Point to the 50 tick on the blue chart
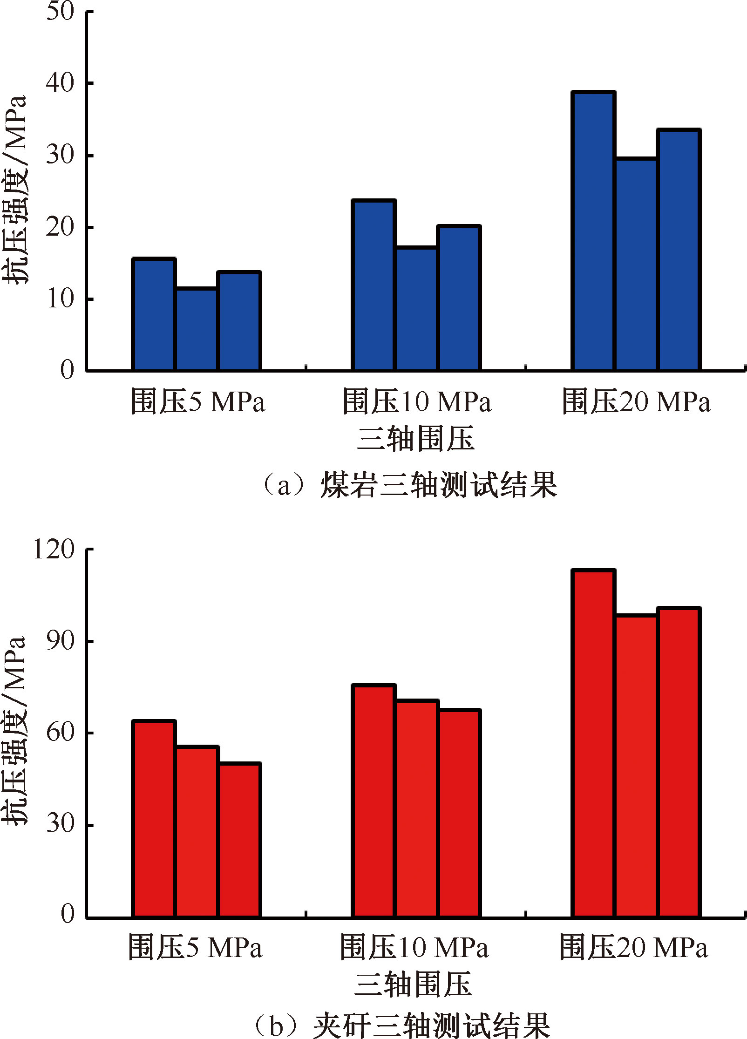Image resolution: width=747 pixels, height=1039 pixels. click(x=61, y=11)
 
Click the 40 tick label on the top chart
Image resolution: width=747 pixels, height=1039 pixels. click(x=61, y=83)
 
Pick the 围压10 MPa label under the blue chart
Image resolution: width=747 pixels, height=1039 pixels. click(x=417, y=401)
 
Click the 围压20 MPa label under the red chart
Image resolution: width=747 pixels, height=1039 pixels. click(x=633, y=947)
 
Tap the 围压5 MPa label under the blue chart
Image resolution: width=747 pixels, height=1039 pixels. click(x=197, y=401)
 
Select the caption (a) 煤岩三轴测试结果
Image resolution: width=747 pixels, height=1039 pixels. click(x=410, y=485)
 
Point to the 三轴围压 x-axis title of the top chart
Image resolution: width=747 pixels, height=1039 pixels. click(x=415, y=439)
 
